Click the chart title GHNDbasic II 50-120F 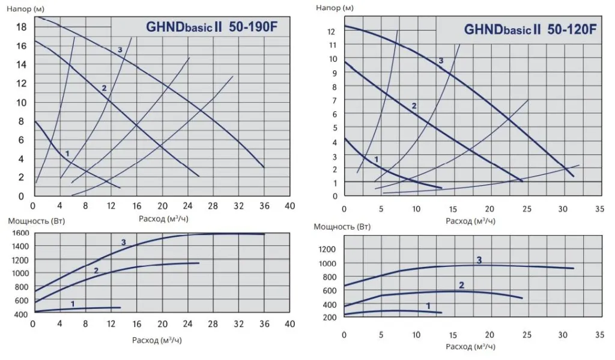pos(530,30)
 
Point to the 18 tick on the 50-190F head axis pos(20,27)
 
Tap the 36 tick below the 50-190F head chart pos(264,206)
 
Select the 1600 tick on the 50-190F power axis pos(20,233)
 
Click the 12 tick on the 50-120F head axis pos(331,31)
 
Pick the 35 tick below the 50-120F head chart pos(599,209)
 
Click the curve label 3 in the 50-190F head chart pos(120,50)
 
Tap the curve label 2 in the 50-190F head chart pos(104,88)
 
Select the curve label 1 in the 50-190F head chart pos(67,154)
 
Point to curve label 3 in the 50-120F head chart pos(441,61)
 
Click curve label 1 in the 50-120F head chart pos(377,159)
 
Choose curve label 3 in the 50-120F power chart pos(479,260)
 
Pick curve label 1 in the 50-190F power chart pos(73,304)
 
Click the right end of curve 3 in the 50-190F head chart pos(264,167)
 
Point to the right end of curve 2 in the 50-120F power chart pos(523,298)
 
